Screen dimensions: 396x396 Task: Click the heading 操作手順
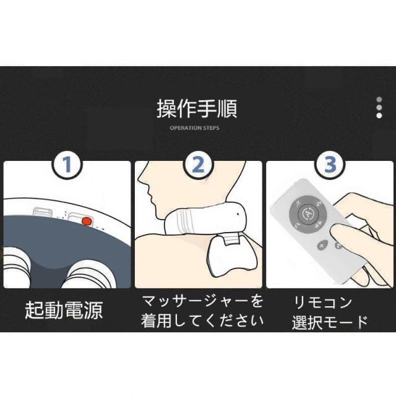click(197, 109)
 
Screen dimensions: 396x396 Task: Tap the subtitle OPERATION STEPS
click(194, 128)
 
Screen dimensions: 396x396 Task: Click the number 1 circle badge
click(67, 165)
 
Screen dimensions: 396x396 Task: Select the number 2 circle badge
click(198, 165)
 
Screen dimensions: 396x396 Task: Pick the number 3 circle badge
click(330, 165)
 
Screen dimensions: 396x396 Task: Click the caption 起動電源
click(64, 310)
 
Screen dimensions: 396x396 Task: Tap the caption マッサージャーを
click(202, 301)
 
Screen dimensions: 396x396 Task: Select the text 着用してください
click(202, 321)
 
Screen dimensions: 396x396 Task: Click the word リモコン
click(323, 303)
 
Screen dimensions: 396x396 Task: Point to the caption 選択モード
click(330, 322)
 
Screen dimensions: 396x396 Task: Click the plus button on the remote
click(322, 246)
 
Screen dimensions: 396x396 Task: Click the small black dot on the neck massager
click(238, 215)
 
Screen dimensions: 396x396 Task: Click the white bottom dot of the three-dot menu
click(379, 116)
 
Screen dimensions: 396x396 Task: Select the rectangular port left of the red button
click(43, 212)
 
